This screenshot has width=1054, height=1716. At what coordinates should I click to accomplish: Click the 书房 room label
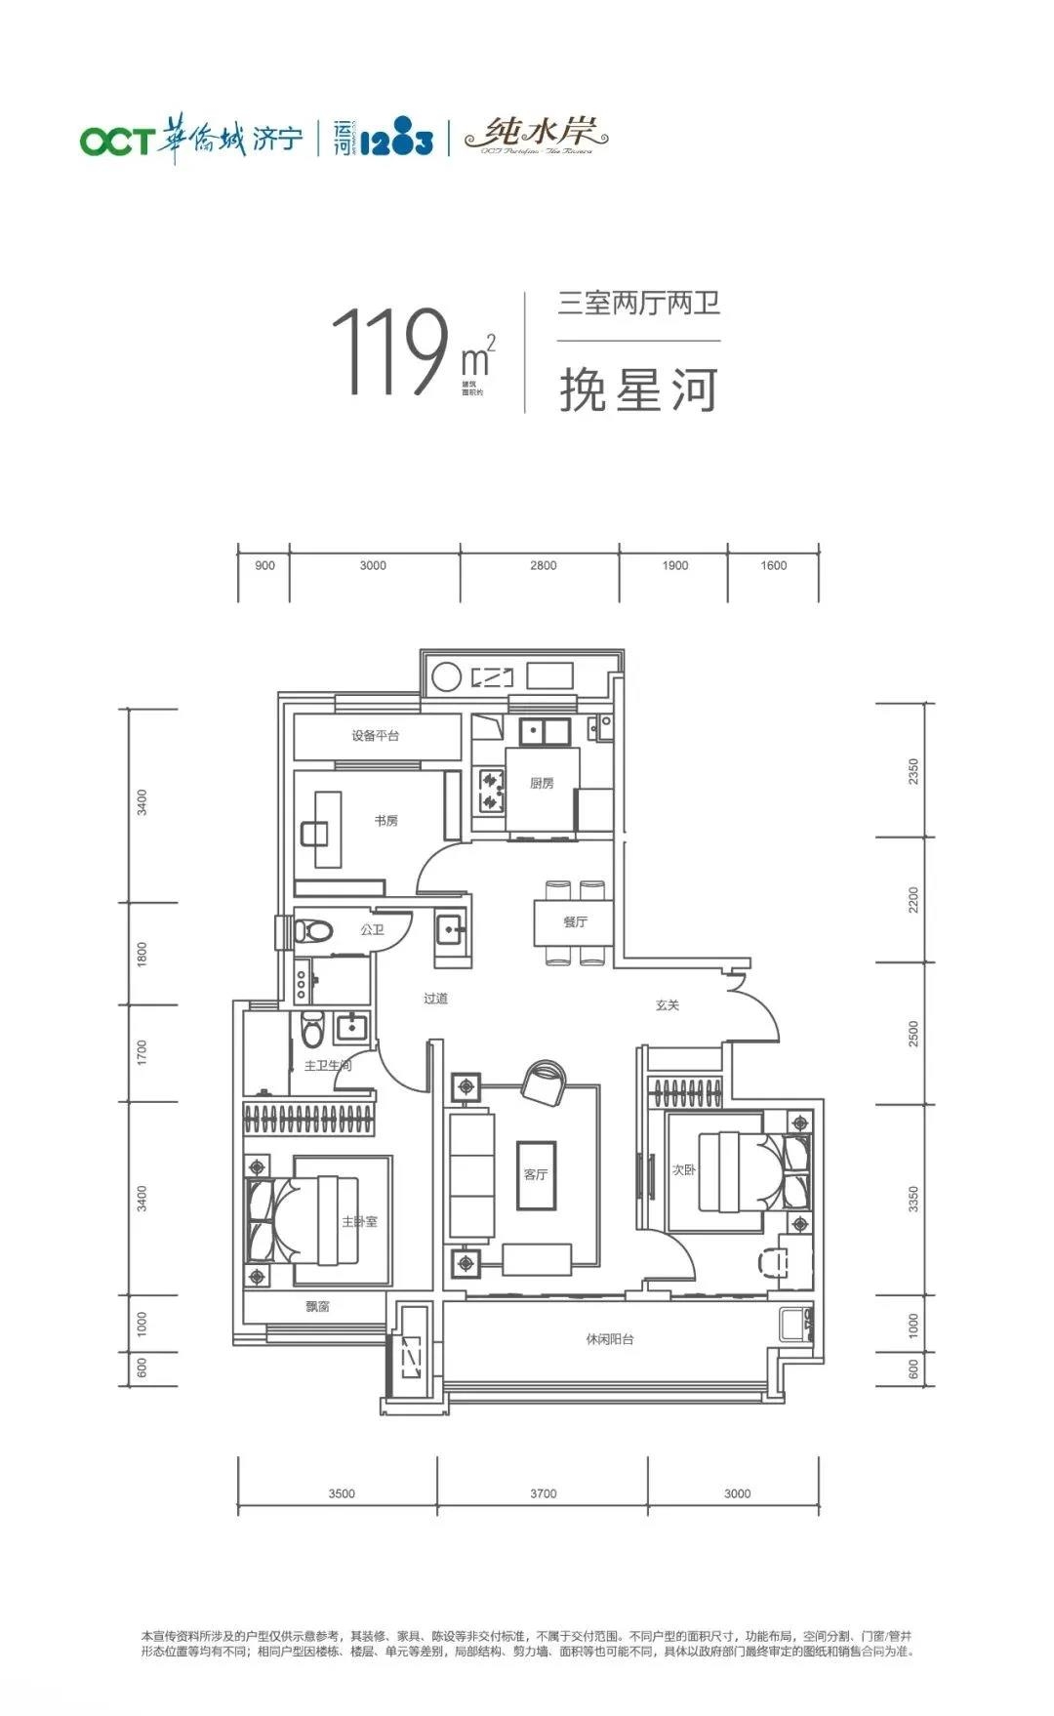tap(386, 821)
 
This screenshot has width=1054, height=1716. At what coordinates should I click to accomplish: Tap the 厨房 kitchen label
tap(543, 783)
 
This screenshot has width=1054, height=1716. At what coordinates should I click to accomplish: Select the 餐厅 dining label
tap(575, 921)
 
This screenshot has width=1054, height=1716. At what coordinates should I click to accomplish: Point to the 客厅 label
tap(536, 1174)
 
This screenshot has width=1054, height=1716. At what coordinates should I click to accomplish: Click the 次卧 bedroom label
tap(684, 1169)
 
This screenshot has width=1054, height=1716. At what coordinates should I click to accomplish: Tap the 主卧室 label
tap(359, 1221)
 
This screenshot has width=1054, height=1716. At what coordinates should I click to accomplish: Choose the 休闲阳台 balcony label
tap(610, 1339)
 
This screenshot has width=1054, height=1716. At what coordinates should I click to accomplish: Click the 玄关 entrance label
tap(668, 1004)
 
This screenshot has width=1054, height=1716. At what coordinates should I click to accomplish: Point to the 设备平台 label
tap(376, 736)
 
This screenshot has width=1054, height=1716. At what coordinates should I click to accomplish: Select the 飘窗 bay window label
tap(317, 1306)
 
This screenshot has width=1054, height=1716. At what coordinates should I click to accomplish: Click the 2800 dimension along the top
tap(544, 565)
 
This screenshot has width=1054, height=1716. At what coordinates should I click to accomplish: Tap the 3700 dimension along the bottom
tap(544, 1493)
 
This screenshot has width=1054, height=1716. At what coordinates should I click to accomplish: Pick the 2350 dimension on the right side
tap(913, 771)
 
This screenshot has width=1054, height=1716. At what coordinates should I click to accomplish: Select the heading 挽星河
tap(639, 389)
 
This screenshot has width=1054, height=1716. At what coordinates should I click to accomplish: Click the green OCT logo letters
tap(116, 141)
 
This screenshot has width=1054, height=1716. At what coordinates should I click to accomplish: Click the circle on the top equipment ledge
tap(446, 676)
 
